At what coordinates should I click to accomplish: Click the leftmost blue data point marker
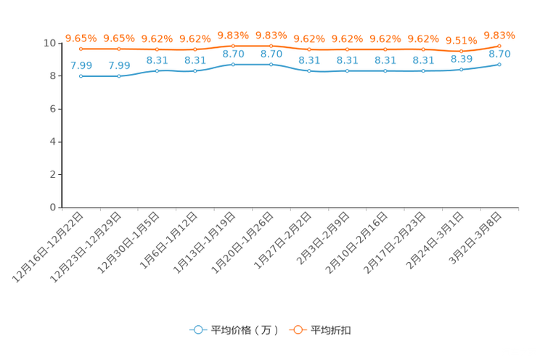[81, 75]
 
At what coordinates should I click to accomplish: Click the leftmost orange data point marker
[81, 49]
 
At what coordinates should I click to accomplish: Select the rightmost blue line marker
[499, 64]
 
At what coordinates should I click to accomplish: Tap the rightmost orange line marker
[499, 45]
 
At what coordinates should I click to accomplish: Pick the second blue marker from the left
[119, 75]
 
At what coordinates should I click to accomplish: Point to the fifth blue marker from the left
[233, 65]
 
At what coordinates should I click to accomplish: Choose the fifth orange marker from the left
[233, 46]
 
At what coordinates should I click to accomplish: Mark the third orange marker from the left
[157, 49]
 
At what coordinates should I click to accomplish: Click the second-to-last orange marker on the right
[462, 50]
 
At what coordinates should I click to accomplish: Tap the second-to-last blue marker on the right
[462, 69]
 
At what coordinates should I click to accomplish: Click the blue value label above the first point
[81, 65]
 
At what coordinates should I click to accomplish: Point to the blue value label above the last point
[499, 54]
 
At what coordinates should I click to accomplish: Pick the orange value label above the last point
[499, 34]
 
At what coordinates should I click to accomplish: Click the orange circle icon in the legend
[298, 330]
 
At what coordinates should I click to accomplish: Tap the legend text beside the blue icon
[245, 330]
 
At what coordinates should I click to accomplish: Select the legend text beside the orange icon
[332, 330]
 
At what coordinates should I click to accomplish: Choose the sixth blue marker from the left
[271, 65]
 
